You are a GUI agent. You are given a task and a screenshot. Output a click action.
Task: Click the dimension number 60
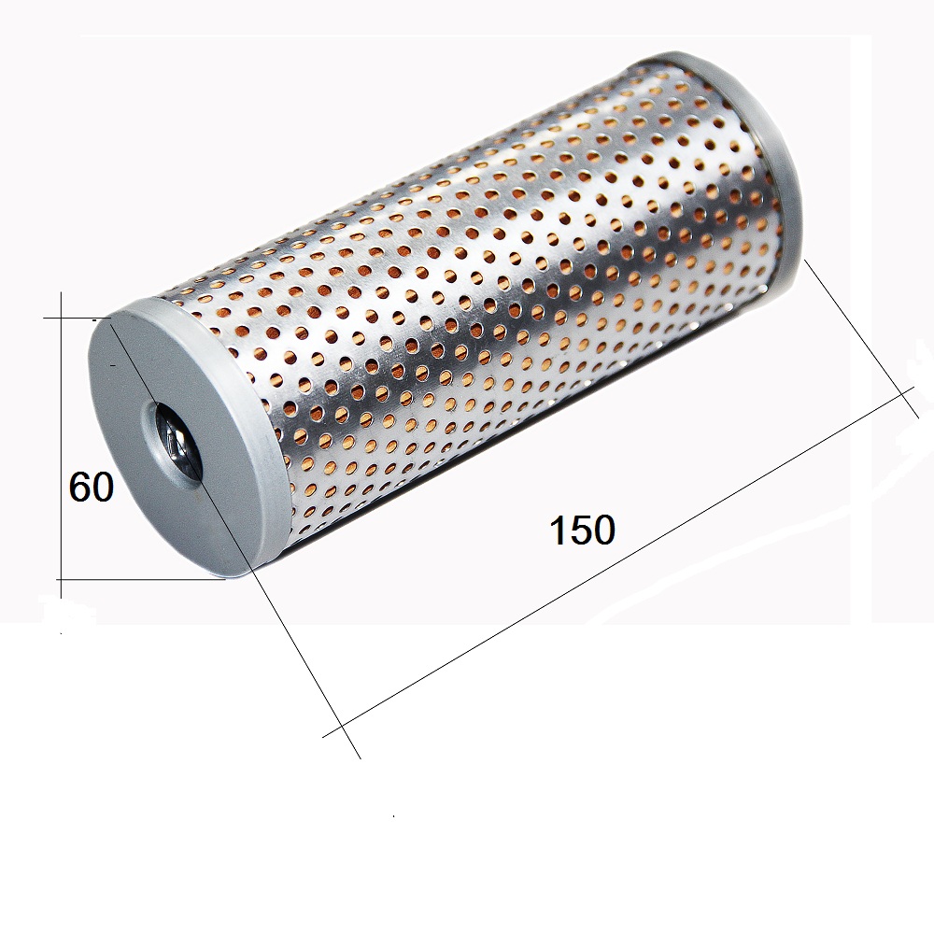coord(92,487)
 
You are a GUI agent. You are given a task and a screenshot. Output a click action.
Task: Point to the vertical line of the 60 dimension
coord(62,446)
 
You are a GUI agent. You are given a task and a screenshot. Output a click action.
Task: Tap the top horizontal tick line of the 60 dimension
coord(78,318)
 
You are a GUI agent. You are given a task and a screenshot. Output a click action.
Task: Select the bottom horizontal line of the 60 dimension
coord(141,578)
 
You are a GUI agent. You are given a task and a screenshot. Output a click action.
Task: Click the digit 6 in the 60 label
coord(79,487)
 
